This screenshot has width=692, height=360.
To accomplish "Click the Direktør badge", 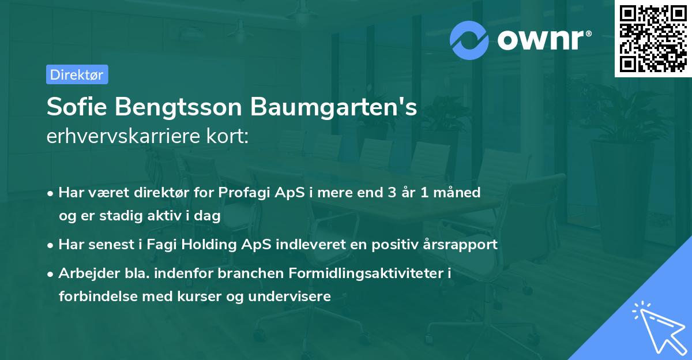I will [x=77, y=74].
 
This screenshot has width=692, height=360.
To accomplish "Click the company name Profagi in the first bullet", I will [x=241, y=192].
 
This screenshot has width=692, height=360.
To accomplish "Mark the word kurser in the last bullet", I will [x=196, y=297].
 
